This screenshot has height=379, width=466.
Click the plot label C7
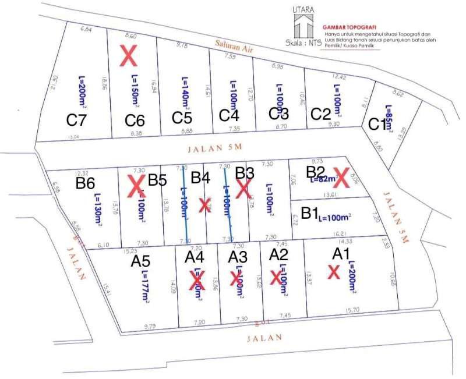(76, 121)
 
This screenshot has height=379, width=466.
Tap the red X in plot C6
(128, 56)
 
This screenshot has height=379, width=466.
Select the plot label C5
(182, 118)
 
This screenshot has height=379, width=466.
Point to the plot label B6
(85, 184)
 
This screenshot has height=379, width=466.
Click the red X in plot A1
(333, 271)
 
